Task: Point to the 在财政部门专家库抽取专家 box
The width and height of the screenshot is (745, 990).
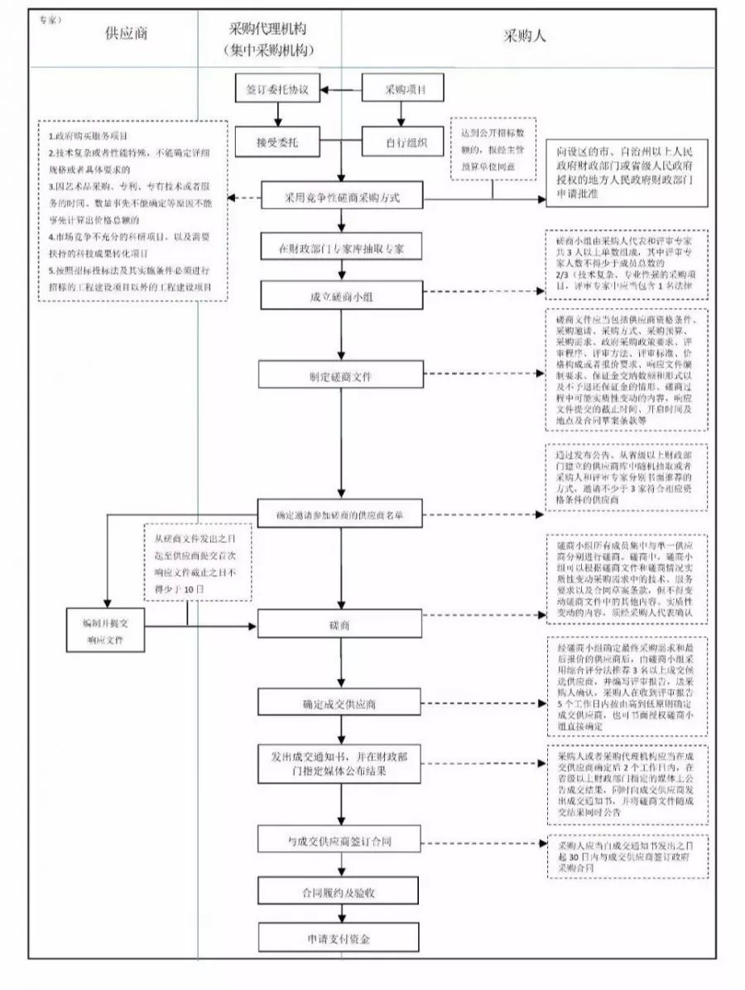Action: (341, 247)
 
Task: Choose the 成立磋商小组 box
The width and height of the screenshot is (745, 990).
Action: (341, 295)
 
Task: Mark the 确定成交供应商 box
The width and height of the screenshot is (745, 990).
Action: (341, 704)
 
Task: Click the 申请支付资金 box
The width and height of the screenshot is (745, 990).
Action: (341, 940)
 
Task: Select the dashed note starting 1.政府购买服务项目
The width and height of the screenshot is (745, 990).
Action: (131, 210)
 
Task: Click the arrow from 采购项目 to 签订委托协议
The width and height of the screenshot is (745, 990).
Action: (342, 88)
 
